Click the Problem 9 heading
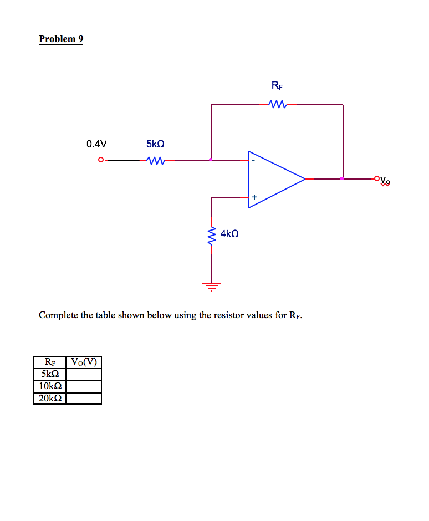[x=61, y=39]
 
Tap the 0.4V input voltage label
[x=96, y=144]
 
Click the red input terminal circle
[x=100, y=160]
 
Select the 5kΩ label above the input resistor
[x=156, y=144]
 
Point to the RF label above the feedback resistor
[x=277, y=85]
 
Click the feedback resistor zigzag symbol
[x=277, y=104]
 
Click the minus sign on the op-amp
[x=253, y=160]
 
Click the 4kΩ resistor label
[x=229, y=234]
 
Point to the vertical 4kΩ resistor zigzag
[x=211, y=237]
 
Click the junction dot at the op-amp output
[x=342, y=178]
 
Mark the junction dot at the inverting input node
[x=211, y=160]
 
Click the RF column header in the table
[x=50, y=362]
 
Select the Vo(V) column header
[x=84, y=362]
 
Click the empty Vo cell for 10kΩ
[x=84, y=386]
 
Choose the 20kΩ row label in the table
[x=50, y=398]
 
